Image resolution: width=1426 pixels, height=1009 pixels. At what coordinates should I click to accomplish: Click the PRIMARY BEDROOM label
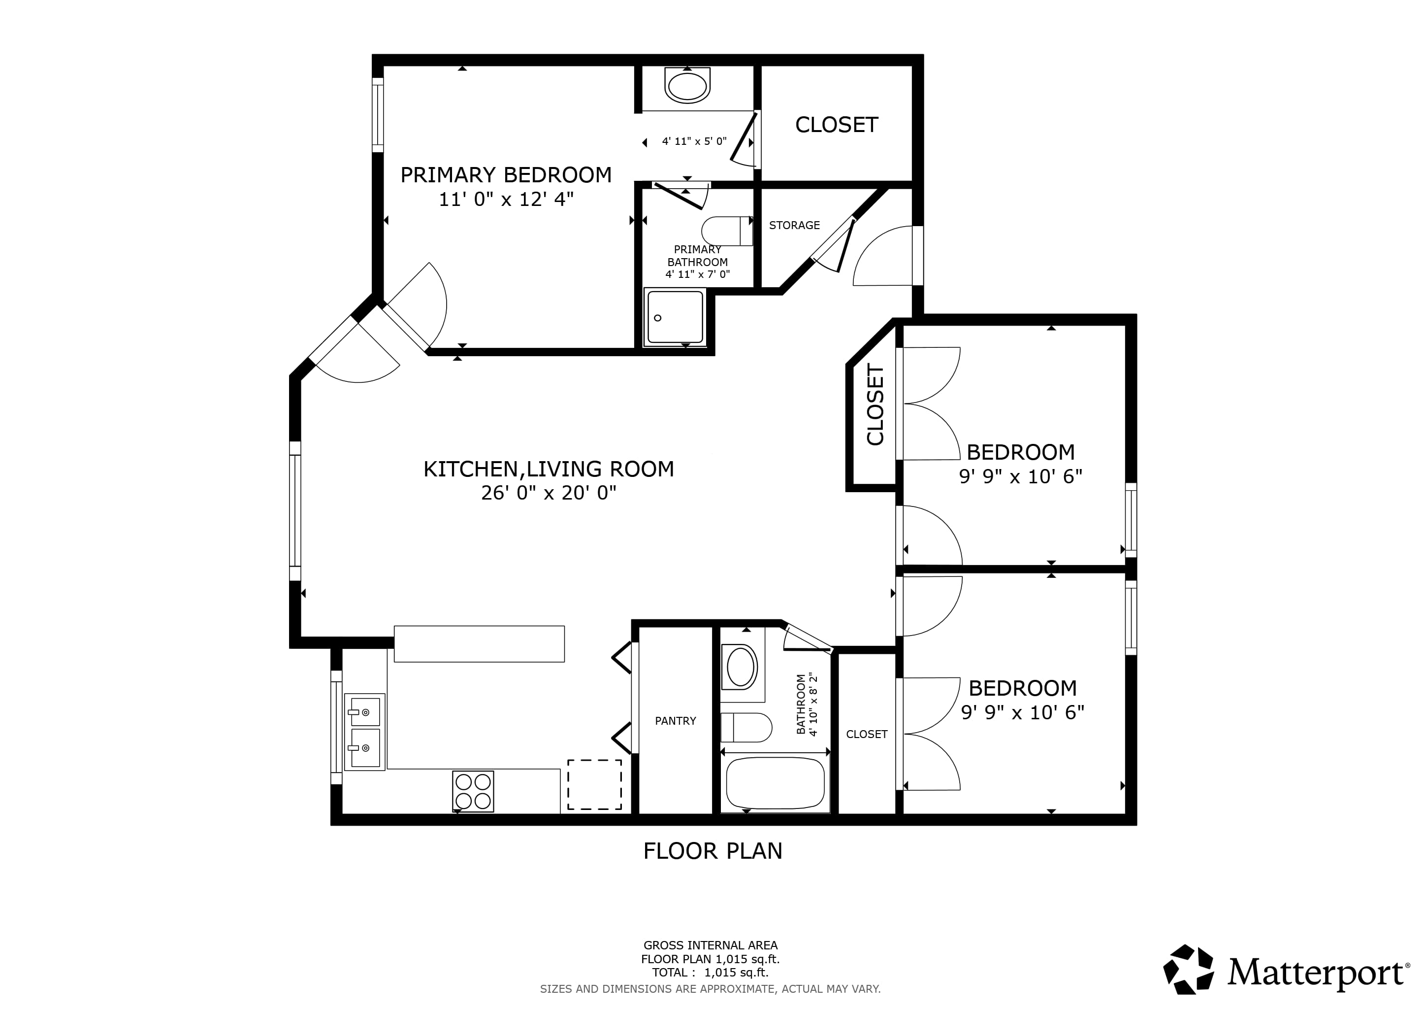click(506, 175)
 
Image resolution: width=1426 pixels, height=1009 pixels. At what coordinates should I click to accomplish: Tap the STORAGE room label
click(794, 226)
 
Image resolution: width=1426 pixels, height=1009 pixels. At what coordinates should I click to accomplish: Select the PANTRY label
click(675, 721)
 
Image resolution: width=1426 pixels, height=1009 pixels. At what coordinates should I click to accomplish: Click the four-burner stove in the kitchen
click(473, 791)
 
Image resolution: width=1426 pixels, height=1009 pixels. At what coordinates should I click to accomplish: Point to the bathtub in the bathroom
click(775, 783)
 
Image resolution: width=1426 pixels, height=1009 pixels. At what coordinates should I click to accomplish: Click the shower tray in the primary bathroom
click(675, 317)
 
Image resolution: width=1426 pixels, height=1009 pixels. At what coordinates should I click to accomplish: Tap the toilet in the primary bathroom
click(727, 231)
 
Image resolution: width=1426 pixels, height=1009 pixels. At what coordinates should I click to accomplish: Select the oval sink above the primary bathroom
click(687, 85)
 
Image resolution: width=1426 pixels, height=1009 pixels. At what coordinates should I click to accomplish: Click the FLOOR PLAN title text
click(713, 850)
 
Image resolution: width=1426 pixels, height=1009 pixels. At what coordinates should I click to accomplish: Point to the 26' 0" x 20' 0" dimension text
click(549, 493)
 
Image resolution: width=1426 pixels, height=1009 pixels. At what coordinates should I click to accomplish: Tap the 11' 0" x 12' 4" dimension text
click(506, 200)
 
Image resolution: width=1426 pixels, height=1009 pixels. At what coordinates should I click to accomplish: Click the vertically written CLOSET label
click(875, 404)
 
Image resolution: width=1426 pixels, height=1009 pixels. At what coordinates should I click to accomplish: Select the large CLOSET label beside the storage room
click(837, 125)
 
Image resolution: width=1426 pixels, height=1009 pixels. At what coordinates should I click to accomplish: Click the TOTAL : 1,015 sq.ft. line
click(710, 973)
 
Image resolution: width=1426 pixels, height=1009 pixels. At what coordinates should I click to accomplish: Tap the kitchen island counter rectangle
click(479, 643)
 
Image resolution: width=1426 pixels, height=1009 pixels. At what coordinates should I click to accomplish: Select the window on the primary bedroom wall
click(378, 114)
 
